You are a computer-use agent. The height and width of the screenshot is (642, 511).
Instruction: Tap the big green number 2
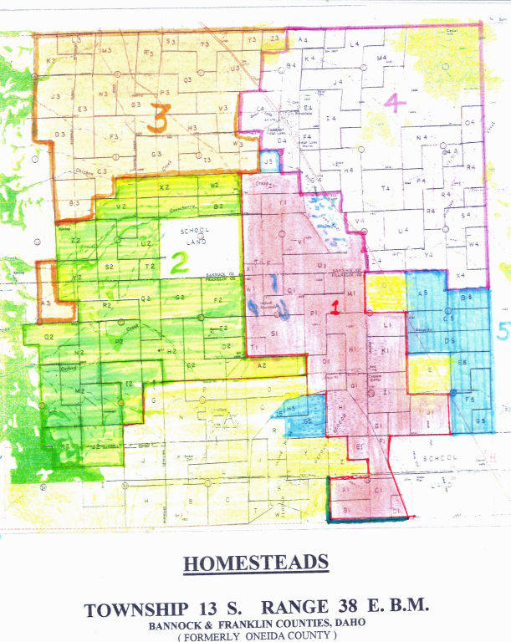(178, 264)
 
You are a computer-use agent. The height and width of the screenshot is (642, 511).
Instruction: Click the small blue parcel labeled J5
(268, 160)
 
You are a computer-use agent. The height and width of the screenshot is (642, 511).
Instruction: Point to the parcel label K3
(50, 60)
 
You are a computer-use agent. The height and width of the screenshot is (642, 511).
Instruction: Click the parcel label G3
(156, 155)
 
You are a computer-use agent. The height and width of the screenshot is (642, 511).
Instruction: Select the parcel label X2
(164, 187)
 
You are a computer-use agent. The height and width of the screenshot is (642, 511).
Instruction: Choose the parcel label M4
(382, 58)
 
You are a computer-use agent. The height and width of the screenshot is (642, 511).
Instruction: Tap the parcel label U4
(402, 230)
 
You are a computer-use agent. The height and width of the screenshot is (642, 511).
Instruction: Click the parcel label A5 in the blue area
(423, 293)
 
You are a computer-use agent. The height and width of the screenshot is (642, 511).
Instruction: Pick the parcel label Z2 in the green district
(75, 241)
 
